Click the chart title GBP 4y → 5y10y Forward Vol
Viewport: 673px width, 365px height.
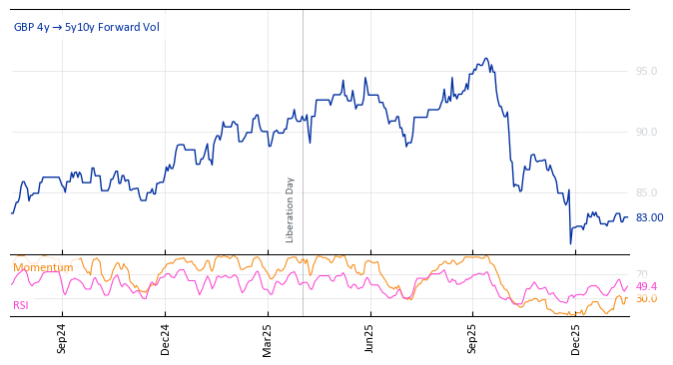coord(86,27)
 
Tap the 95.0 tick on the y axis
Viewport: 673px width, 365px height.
coord(646,71)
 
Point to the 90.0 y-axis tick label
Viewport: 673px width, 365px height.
coord(646,132)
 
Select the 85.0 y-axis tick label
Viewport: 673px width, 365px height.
coord(646,192)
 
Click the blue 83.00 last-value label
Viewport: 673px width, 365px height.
coord(649,217)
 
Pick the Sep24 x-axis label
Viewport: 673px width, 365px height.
coord(62,338)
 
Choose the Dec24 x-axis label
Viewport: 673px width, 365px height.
coord(165,338)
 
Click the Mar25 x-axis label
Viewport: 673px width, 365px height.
coord(268,338)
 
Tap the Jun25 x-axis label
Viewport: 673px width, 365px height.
coord(369,338)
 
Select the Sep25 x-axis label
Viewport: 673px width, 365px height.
coord(472,338)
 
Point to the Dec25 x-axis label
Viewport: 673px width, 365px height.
coord(575,338)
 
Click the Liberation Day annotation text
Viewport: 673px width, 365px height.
coord(291,209)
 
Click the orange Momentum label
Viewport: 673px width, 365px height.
coord(43,267)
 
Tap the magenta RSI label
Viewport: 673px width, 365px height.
coord(21,305)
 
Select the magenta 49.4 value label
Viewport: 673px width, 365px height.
coord(646,286)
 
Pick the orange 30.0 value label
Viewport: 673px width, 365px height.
coord(646,299)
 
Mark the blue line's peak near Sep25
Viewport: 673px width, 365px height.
coord(485,59)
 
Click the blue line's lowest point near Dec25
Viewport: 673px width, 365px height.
coord(571,243)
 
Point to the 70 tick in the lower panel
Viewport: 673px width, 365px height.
coord(642,274)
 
